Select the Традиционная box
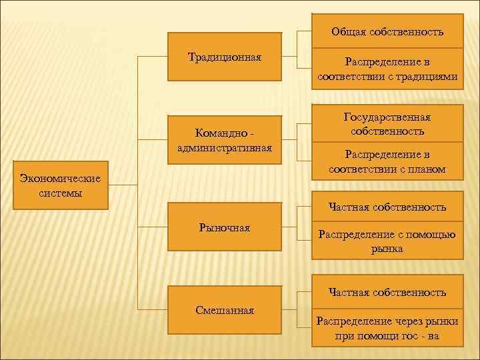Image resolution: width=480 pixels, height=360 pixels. pyautogui.click(x=224, y=57)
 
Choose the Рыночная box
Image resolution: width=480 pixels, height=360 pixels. pyautogui.click(x=224, y=228)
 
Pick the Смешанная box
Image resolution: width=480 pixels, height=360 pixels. pyautogui.click(x=224, y=310)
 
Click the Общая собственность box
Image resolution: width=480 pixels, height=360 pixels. pyautogui.click(x=387, y=32)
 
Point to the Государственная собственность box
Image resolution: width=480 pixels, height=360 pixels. pyautogui.click(x=387, y=124)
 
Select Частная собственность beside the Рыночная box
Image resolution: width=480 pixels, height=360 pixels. pyautogui.click(x=387, y=207)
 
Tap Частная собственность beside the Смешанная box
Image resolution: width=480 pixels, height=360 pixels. pyautogui.click(x=387, y=293)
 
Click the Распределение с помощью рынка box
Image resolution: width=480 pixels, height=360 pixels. pyautogui.click(x=387, y=241)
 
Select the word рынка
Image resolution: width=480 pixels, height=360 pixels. pyautogui.click(x=387, y=249)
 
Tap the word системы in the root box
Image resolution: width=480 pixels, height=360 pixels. pyautogui.click(x=61, y=193)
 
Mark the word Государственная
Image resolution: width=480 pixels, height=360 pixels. pyautogui.click(x=387, y=117)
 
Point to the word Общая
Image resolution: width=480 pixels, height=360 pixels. pyautogui.click(x=348, y=32)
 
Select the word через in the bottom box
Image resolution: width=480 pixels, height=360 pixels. pyautogui.click(x=399, y=321)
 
